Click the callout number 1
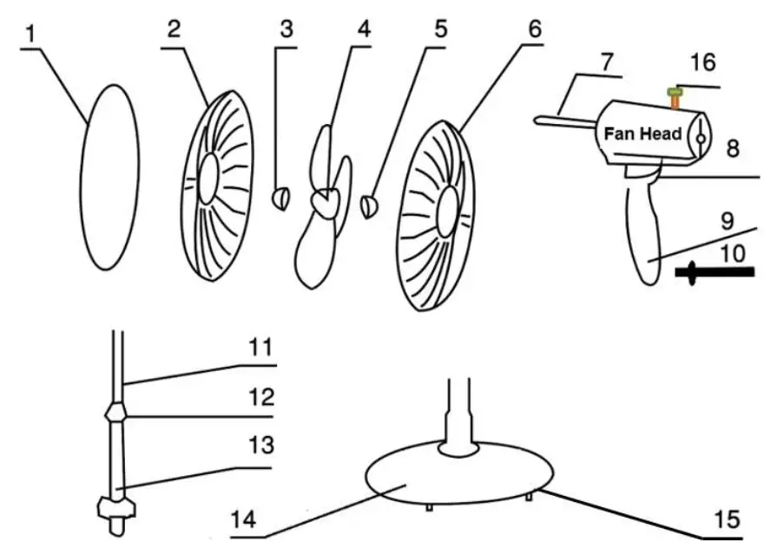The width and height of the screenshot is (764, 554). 31,34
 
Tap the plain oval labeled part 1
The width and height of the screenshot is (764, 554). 109,176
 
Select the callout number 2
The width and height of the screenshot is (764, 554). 175,29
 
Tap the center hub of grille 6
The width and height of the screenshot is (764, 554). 449,208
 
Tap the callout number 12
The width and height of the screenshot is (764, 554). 260,397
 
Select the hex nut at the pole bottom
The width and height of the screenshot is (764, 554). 115,505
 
